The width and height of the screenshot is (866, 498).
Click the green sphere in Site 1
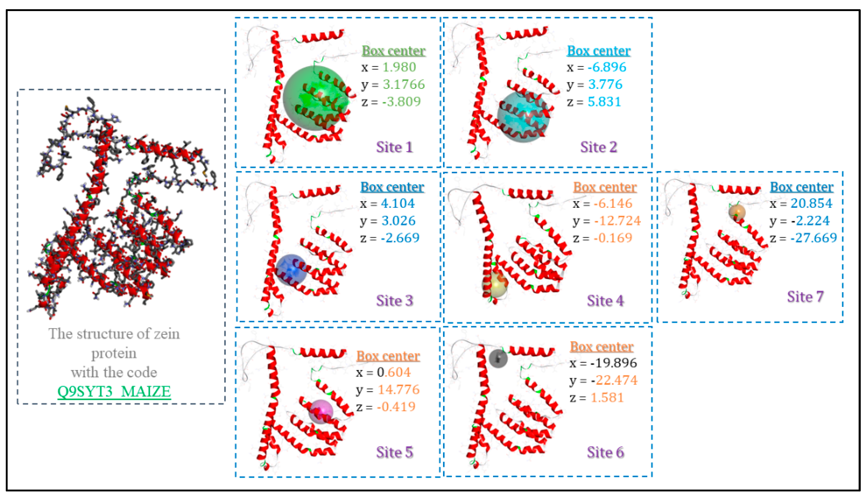tap(315, 98)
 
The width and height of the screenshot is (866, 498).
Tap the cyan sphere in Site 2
tap(523, 116)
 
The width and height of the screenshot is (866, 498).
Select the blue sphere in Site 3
tap(291, 270)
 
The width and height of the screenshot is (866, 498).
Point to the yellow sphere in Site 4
tap(495, 285)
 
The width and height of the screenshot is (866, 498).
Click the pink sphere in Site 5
tap(321, 411)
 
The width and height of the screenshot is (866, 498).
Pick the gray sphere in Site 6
tap(498, 358)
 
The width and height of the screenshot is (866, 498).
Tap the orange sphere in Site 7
tap(737, 212)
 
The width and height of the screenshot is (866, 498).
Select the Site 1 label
tap(394, 147)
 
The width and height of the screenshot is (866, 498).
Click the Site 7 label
tap(805, 297)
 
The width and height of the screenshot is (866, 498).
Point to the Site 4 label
tap(605, 301)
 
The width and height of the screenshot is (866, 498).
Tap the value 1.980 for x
tap(399, 67)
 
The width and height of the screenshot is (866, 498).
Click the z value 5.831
tap(604, 102)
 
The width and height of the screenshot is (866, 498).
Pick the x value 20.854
tap(811, 203)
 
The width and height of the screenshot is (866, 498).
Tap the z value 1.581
tap(607, 397)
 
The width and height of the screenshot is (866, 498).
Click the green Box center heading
tap(394, 51)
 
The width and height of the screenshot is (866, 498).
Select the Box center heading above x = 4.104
tap(392, 187)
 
